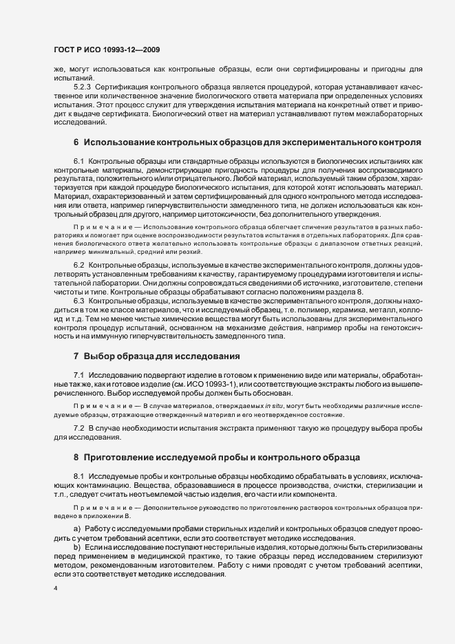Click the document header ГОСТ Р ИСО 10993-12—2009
(x=107, y=50)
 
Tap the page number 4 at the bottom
(x=55, y=589)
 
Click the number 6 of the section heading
(x=76, y=142)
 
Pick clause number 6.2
(x=78, y=265)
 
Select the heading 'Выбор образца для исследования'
(x=162, y=356)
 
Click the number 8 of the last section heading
(x=76, y=456)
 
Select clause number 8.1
(x=78, y=475)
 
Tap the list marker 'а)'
(x=77, y=528)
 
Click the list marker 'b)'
(x=77, y=546)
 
